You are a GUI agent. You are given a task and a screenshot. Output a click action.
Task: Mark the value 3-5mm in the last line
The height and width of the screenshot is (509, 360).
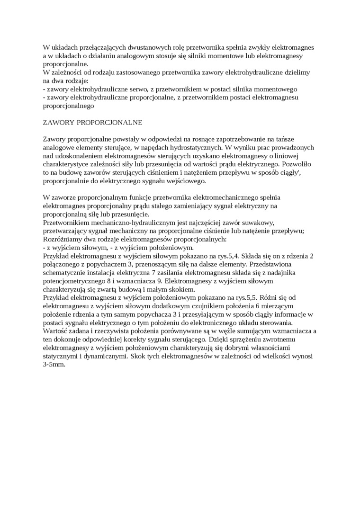coord(54,364)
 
